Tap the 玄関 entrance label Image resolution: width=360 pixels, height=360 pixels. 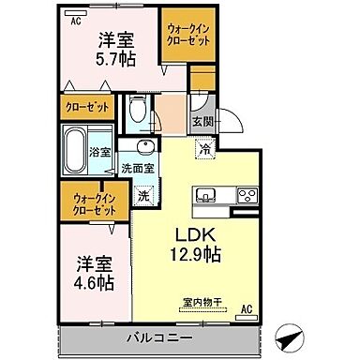[x=202, y=122]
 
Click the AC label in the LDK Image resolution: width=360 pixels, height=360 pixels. [x=248, y=308]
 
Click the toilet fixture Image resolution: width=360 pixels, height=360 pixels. [x=136, y=115]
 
